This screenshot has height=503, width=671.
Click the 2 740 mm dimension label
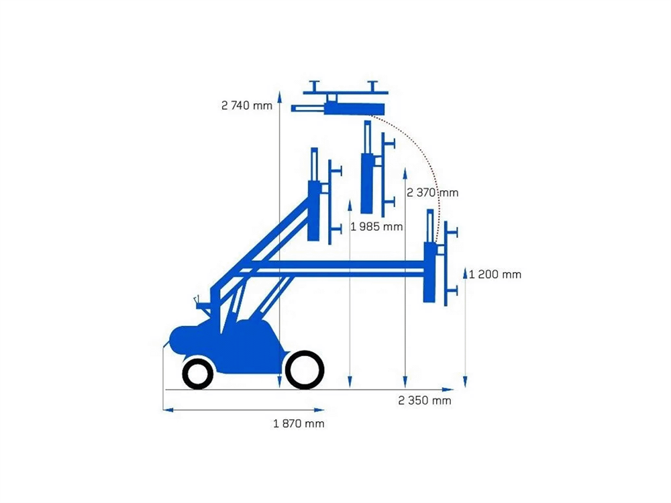click(x=247, y=105)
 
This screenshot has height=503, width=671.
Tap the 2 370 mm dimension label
click(x=433, y=192)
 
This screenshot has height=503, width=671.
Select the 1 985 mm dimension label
click(x=376, y=227)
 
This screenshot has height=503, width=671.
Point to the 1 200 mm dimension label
click(x=495, y=274)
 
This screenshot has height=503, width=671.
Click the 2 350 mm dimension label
click(x=425, y=400)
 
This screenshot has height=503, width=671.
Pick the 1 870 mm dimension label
click(x=299, y=423)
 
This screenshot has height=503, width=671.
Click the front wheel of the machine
click(x=305, y=370)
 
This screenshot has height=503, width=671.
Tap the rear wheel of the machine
click(x=197, y=374)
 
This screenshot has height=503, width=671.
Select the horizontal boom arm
click(x=335, y=267)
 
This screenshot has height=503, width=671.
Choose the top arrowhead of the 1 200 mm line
click(x=465, y=270)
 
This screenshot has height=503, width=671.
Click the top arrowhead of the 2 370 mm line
click(x=405, y=173)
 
